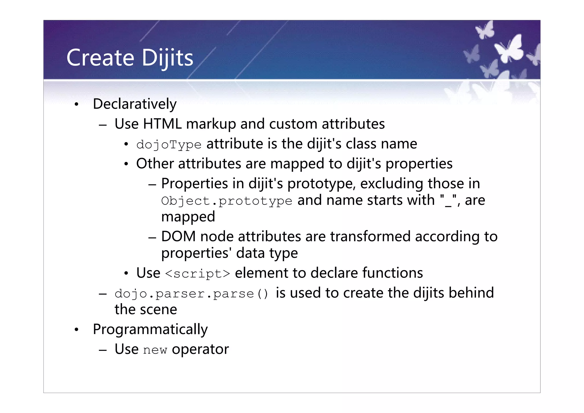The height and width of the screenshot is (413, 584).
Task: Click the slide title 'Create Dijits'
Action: (130, 58)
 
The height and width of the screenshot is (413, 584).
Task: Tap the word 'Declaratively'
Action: (135, 104)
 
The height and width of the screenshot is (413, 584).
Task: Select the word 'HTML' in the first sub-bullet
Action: (162, 124)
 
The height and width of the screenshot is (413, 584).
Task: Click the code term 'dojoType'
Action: (169, 145)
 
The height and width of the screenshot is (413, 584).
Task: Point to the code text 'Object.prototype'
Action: (227, 201)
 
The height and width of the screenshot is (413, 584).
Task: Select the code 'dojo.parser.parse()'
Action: (191, 294)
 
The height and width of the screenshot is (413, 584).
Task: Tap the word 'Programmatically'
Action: (150, 329)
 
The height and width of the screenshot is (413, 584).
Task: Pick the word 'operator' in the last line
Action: (200, 349)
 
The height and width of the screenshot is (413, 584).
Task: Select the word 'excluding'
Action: (392, 184)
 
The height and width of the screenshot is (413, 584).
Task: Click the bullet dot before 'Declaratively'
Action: (76, 105)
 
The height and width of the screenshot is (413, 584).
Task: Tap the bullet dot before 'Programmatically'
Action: (76, 330)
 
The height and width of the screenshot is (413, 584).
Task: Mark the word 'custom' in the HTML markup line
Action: (293, 124)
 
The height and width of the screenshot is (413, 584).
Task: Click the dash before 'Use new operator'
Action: (103, 350)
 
